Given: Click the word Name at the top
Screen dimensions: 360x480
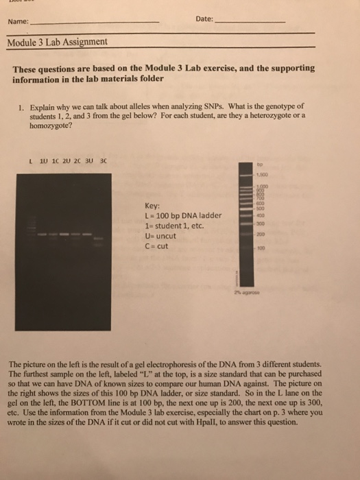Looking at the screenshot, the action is coord(18,22).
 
